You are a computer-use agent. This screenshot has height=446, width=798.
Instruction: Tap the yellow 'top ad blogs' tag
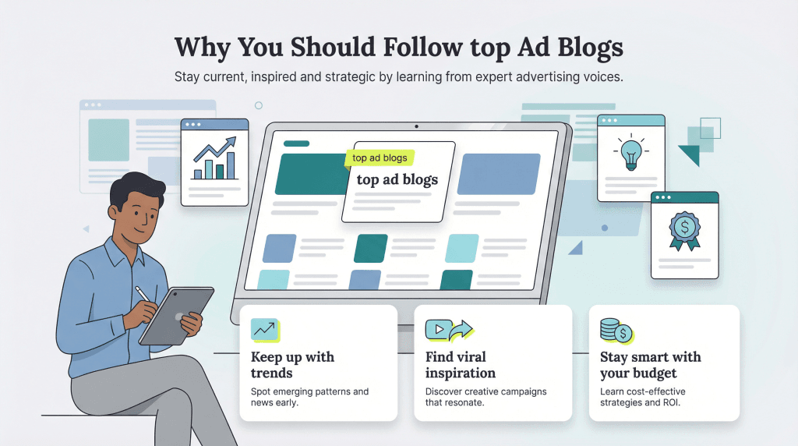click(380, 158)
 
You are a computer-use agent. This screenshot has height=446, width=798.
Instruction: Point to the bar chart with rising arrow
click(214, 158)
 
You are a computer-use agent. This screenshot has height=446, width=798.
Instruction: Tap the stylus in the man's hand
click(143, 294)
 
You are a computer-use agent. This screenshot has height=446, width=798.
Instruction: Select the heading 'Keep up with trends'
click(292, 365)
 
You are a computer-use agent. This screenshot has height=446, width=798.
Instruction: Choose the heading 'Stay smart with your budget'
click(650, 365)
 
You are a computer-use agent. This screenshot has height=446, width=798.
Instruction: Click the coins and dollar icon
click(616, 331)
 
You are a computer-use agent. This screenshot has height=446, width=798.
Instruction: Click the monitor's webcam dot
click(416, 127)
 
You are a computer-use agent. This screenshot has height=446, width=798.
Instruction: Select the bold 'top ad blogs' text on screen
click(397, 179)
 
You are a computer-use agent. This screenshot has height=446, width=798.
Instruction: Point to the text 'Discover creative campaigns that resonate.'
click(486, 397)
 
